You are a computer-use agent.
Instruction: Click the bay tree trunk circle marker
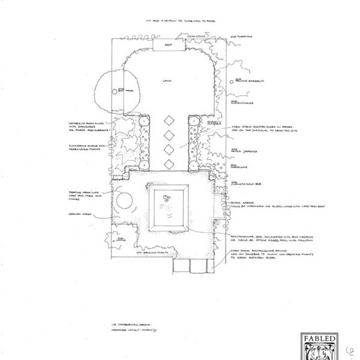(x=115, y=91)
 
